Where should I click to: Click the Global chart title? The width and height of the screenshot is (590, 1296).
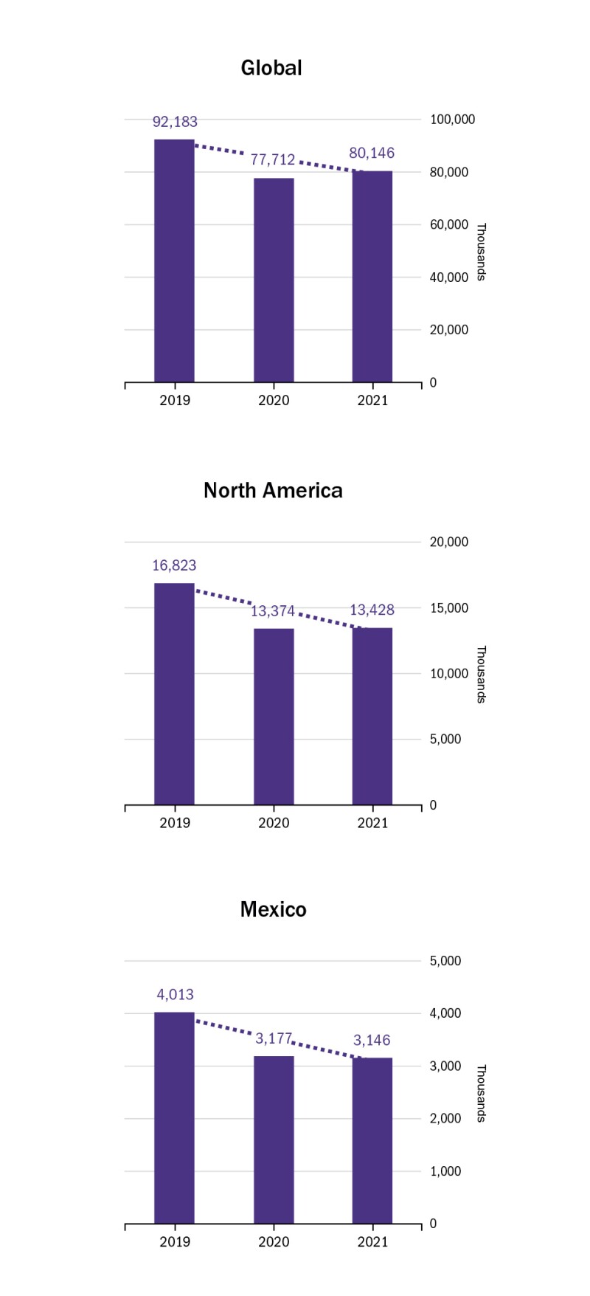[x=271, y=68]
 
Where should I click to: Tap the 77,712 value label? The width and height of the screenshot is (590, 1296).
[x=273, y=159]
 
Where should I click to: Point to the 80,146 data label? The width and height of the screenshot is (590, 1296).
[x=372, y=154]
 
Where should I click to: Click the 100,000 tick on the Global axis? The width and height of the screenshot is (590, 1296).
[x=452, y=120]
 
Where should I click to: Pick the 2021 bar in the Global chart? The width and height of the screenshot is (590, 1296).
[x=372, y=277]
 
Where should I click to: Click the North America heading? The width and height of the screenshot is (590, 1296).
[x=273, y=491]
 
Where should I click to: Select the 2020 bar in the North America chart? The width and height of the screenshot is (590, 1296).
[x=274, y=717]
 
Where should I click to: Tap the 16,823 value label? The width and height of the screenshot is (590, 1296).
[x=174, y=566]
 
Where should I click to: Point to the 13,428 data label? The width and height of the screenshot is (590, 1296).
[x=372, y=610]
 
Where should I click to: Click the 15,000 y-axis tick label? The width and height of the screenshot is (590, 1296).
[x=449, y=608]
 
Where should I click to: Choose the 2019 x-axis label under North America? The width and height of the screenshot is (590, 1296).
[x=175, y=823]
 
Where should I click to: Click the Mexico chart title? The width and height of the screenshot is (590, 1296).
[x=273, y=909]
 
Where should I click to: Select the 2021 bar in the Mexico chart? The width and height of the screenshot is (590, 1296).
[x=372, y=1141]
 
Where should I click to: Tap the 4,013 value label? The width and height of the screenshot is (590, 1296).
[x=175, y=995]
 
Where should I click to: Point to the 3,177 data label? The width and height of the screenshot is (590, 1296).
[x=274, y=1038]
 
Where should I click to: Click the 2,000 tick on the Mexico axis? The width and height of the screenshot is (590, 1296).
[x=445, y=1119]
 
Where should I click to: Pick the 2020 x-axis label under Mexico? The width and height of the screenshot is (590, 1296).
[x=274, y=1242]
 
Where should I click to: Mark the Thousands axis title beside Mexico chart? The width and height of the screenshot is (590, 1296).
[x=481, y=1093]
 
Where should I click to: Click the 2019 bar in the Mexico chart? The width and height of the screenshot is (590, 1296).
[x=174, y=1118]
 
